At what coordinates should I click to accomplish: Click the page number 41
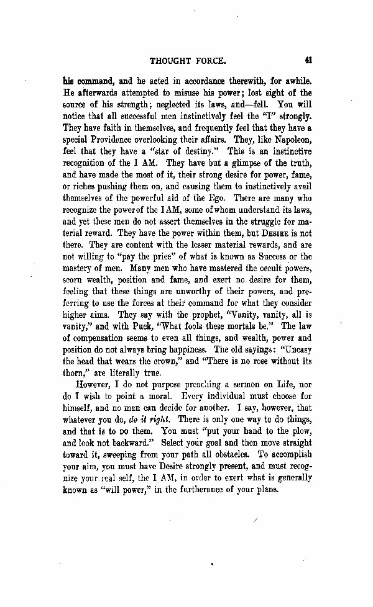308,61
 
